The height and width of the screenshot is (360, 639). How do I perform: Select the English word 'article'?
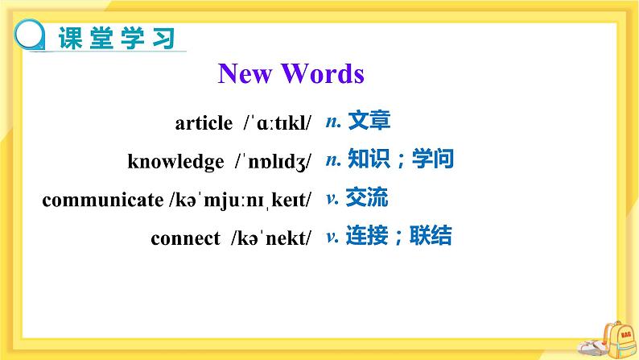(x=203, y=123)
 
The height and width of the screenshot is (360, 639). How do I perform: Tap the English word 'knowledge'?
(x=175, y=161)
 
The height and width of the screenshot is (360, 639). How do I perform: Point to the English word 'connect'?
(x=185, y=238)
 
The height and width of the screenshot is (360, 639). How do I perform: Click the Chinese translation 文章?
(x=369, y=122)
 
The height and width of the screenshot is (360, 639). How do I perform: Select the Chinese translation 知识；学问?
(x=401, y=159)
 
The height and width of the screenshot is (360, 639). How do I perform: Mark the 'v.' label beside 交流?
(x=332, y=197)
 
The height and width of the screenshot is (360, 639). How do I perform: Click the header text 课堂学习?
(x=117, y=38)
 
